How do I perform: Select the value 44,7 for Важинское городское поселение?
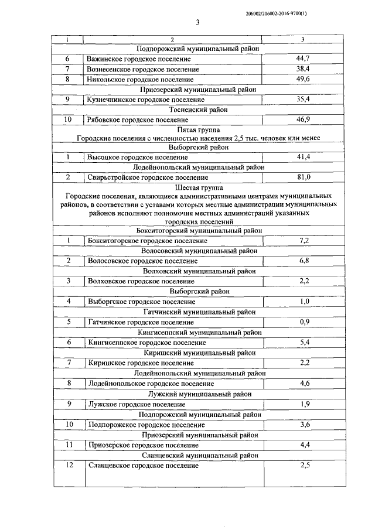coord(302,59)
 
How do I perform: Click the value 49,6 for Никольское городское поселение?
coord(302,78)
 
